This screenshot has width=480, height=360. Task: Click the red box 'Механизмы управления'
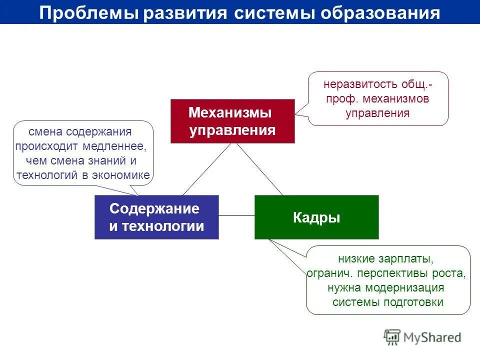[x=232, y=121]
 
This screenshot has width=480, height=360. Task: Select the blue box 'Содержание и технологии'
[x=156, y=217]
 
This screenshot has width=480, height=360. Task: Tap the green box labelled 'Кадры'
[x=316, y=217]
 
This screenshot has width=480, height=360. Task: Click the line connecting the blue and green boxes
[x=236, y=215]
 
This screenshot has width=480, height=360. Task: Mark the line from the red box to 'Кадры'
[x=260, y=169]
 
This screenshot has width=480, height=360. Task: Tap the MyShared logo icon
[x=392, y=337]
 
